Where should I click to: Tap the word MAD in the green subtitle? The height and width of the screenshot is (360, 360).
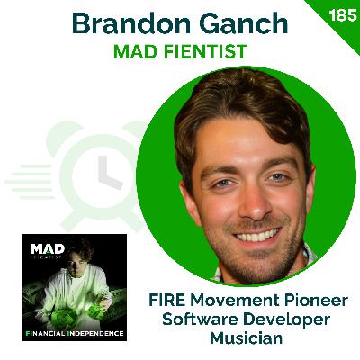(x=134, y=53)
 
